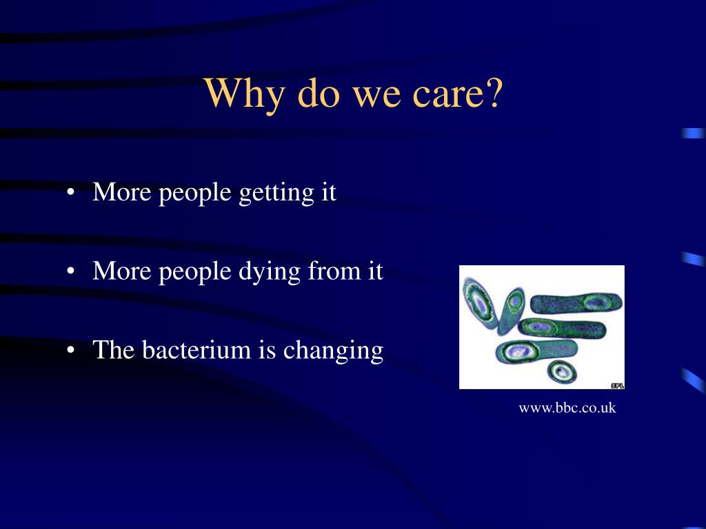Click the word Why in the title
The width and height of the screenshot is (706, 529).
coord(244,94)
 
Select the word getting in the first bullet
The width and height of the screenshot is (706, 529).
coord(276,194)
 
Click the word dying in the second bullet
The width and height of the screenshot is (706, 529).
coord(270,273)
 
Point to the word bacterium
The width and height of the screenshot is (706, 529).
coord(196,349)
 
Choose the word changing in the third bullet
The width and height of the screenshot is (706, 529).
coord(333,351)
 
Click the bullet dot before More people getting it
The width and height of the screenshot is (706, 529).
coord(70,193)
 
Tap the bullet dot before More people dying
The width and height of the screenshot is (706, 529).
coord(70,271)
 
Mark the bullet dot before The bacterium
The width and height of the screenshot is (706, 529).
coord(70,351)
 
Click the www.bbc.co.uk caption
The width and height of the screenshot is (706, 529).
coord(567,408)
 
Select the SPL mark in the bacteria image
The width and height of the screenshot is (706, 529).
coord(617,386)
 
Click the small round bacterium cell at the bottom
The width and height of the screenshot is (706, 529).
coord(562,371)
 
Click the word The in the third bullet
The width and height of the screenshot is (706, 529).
coord(114,349)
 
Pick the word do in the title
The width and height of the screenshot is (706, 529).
coord(319,93)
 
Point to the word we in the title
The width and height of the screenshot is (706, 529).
coord(376,97)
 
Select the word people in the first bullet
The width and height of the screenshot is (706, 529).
coord(195,194)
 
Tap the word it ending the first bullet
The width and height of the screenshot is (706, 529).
coord(329,192)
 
